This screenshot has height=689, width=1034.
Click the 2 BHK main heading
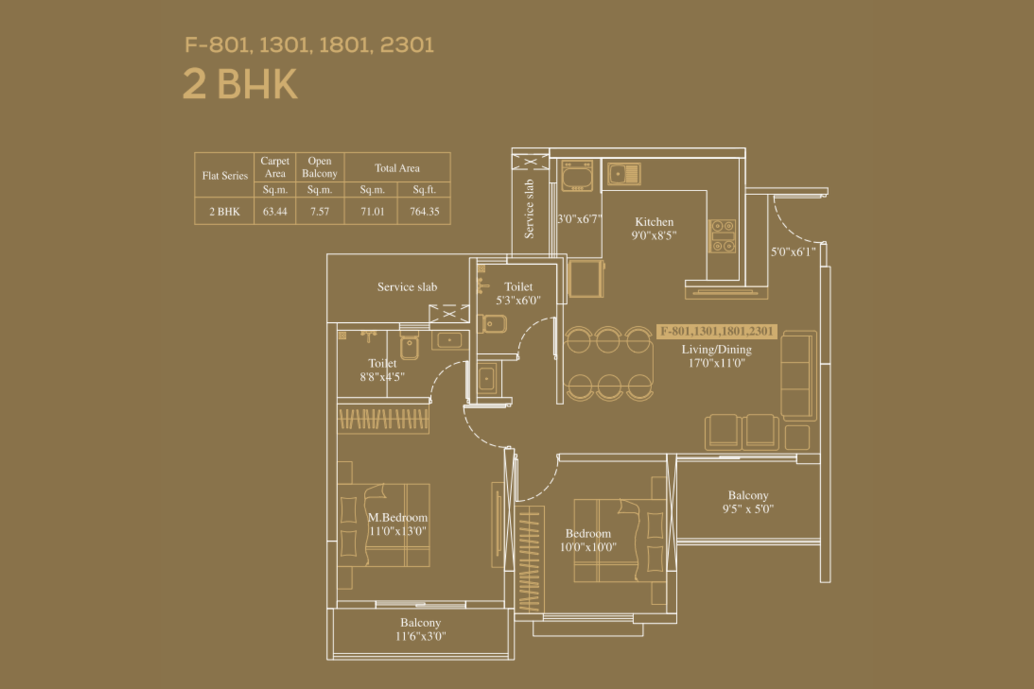[x=240, y=84]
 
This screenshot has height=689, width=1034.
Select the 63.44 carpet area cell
[x=275, y=211]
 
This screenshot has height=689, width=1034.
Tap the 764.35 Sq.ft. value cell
[x=424, y=211]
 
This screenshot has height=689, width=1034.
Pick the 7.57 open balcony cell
[x=320, y=211]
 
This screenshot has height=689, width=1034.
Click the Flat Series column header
[x=225, y=175]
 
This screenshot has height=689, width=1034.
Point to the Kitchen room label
[x=654, y=222]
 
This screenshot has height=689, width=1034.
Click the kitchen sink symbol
[x=624, y=174]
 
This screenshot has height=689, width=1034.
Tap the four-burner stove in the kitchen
[x=723, y=236]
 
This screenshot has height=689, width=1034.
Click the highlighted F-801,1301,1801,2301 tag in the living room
[x=717, y=331]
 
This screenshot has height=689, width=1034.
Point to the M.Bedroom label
[x=397, y=517]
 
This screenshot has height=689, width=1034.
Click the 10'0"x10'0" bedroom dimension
[x=588, y=548]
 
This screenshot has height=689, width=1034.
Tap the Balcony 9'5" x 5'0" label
[x=748, y=502]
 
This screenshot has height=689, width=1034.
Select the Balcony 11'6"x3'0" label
[x=421, y=630]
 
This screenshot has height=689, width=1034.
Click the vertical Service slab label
[x=529, y=209]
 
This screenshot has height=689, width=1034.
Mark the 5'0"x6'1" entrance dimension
[x=793, y=252]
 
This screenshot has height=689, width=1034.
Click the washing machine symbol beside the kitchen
[x=577, y=176]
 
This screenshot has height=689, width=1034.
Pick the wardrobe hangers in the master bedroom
[x=384, y=419]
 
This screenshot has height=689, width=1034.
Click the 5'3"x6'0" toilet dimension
[x=518, y=301]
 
